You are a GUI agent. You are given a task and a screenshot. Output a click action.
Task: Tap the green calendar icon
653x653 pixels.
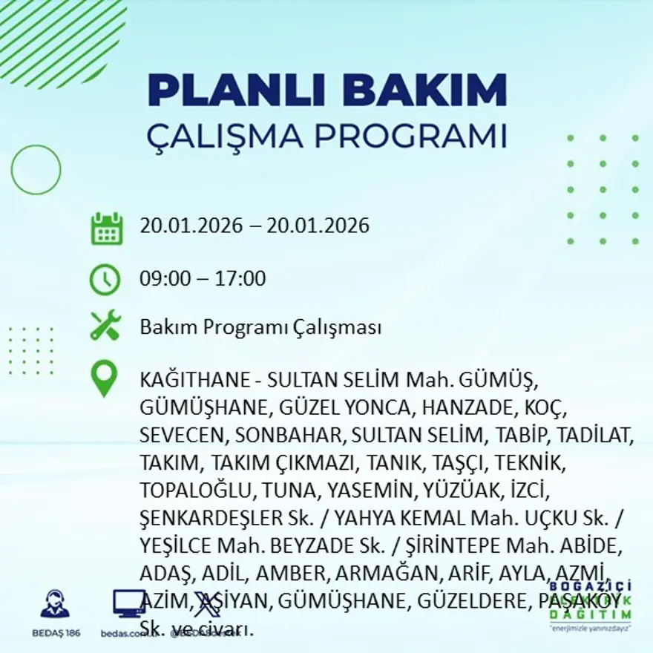pos(106,229)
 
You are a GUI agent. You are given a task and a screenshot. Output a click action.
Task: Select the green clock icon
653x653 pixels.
pos(105,280)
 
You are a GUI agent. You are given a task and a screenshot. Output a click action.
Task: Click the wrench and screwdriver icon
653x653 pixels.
pos(105,326)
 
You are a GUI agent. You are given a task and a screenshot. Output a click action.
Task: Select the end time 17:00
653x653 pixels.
pos(240,279)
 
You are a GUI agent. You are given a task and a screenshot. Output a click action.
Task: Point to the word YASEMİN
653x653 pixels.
pos(360,490)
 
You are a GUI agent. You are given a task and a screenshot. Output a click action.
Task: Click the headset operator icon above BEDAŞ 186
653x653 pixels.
pos(55,604)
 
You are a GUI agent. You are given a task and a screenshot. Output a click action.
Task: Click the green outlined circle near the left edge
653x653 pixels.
pos(36,169)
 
